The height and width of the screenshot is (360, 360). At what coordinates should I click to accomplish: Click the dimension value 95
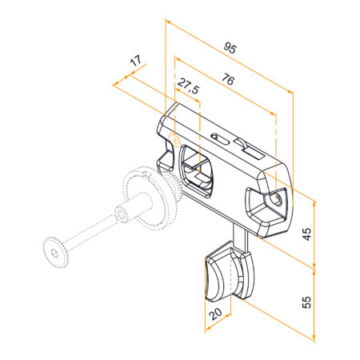(x=230, y=48)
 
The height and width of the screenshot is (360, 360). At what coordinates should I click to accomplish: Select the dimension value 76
(x=228, y=79)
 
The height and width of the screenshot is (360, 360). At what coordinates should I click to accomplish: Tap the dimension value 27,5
(x=188, y=86)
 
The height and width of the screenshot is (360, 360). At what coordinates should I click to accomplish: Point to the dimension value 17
(x=136, y=61)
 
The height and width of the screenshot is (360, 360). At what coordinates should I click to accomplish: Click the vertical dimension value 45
(x=307, y=234)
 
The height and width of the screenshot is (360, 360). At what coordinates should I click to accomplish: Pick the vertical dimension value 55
(x=307, y=302)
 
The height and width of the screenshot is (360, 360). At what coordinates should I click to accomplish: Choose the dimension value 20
(x=215, y=314)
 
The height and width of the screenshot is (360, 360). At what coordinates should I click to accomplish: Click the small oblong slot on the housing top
(x=220, y=139)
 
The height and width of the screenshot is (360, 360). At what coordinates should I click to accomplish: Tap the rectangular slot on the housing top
(x=254, y=153)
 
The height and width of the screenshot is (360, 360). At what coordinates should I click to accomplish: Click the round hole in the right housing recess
(x=278, y=198)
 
